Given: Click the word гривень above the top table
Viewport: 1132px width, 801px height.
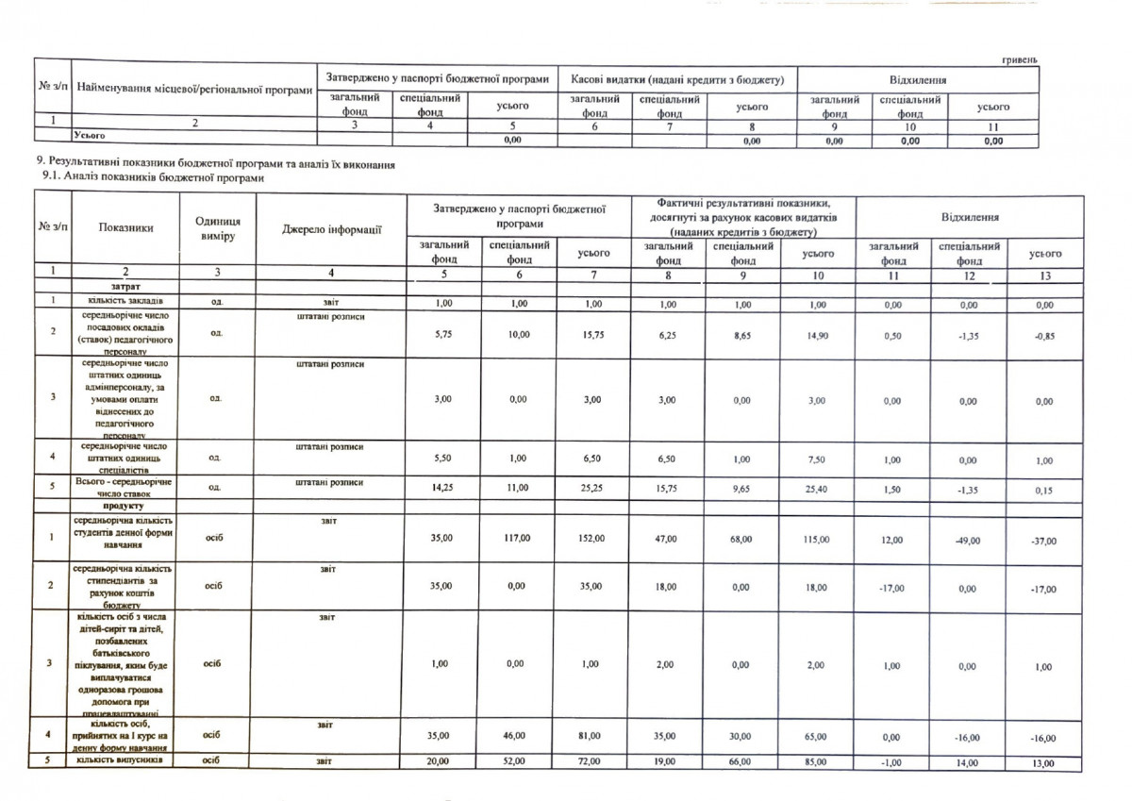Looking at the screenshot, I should coord(1019,59).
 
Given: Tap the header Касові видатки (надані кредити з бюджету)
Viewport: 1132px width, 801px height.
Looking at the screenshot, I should coord(677,76).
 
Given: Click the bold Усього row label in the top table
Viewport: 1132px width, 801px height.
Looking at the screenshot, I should coord(91,136).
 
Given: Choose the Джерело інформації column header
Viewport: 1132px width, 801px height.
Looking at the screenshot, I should coord(330,228).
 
